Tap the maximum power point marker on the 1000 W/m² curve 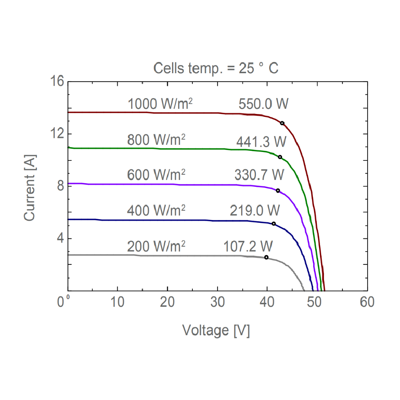pos(282,123)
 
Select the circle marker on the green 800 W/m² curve pos(280,157)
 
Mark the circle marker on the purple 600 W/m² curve pos(278,190)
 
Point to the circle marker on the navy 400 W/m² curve pos(274,224)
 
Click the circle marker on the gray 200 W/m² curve pos(266,257)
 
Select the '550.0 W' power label pos(263,104)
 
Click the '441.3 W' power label pos(261,142)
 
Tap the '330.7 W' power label pos(259,175)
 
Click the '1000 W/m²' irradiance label pos(160,104)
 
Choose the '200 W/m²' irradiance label pos(156,246)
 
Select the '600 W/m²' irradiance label pos(156,175)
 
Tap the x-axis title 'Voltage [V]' pos(216,330)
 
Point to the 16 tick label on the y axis pos(57,81)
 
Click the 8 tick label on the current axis pos(60,186)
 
